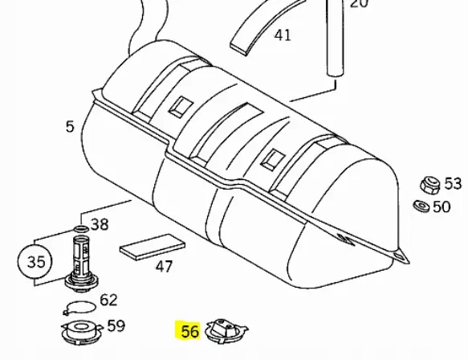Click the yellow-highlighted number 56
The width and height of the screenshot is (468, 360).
[x=189, y=331]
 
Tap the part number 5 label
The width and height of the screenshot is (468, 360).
[x=70, y=126]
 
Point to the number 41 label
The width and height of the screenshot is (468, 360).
[x=283, y=35]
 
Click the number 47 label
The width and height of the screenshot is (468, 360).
[x=164, y=266]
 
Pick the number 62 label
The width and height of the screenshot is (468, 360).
[x=109, y=301]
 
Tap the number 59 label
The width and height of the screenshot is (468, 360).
[x=116, y=326]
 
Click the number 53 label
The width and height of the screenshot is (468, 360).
[x=453, y=184]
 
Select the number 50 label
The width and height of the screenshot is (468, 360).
[x=442, y=207]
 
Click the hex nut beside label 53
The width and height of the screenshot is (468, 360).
[x=430, y=185]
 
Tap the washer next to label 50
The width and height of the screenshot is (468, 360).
[x=421, y=207]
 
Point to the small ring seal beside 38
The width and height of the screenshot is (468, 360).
[x=83, y=227]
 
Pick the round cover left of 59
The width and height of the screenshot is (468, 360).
[x=79, y=329]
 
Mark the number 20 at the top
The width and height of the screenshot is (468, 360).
[x=360, y=4]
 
